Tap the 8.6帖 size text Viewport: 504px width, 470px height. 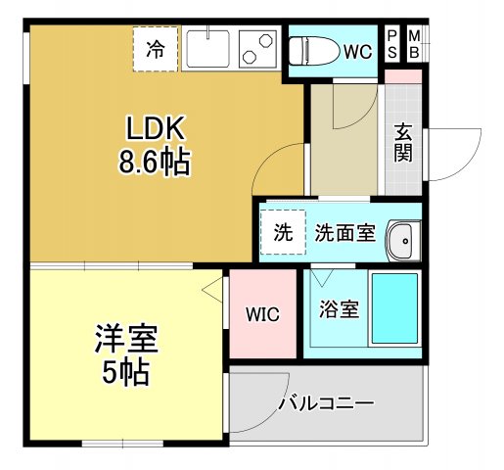click(154, 161)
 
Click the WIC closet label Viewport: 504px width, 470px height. click(262, 315)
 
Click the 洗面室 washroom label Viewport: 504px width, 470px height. click(345, 234)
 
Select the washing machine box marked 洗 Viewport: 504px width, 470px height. click(283, 233)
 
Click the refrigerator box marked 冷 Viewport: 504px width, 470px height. click(156, 47)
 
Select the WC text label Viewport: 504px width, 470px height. click(355, 51)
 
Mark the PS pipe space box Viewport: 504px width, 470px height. click(392, 44)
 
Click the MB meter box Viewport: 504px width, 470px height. click(413, 44)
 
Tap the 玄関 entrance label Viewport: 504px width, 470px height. click(403, 143)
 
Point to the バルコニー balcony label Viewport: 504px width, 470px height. click(326, 403)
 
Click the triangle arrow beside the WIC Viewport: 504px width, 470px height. click(210, 288)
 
